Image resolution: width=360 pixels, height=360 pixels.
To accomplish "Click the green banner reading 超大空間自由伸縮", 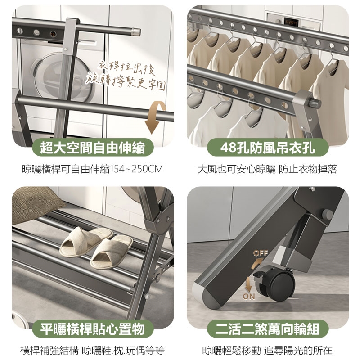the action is click(x=93, y=148).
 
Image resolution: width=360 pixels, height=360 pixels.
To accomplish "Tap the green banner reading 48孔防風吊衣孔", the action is click(x=268, y=148).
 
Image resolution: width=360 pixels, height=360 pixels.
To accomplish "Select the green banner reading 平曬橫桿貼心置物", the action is click(x=93, y=328).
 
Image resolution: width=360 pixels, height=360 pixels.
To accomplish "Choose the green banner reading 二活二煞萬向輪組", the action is click(x=268, y=328).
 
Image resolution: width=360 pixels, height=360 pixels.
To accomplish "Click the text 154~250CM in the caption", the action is click(x=137, y=169).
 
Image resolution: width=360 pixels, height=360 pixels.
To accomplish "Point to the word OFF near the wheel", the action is click(x=261, y=253).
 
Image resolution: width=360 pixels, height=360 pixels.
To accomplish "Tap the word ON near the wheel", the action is click(x=249, y=297).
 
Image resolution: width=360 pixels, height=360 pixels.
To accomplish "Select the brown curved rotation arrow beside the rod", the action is click(x=154, y=117).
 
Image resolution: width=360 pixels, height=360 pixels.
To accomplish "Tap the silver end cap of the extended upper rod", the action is click(x=136, y=31).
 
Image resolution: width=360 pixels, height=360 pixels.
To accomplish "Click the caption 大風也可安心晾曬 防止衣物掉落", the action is click(x=267, y=169).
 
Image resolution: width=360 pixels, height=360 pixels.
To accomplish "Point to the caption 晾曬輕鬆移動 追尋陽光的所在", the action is click(x=267, y=351).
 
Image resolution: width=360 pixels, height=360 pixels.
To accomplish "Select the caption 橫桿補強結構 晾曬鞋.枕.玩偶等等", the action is click(x=93, y=351).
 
